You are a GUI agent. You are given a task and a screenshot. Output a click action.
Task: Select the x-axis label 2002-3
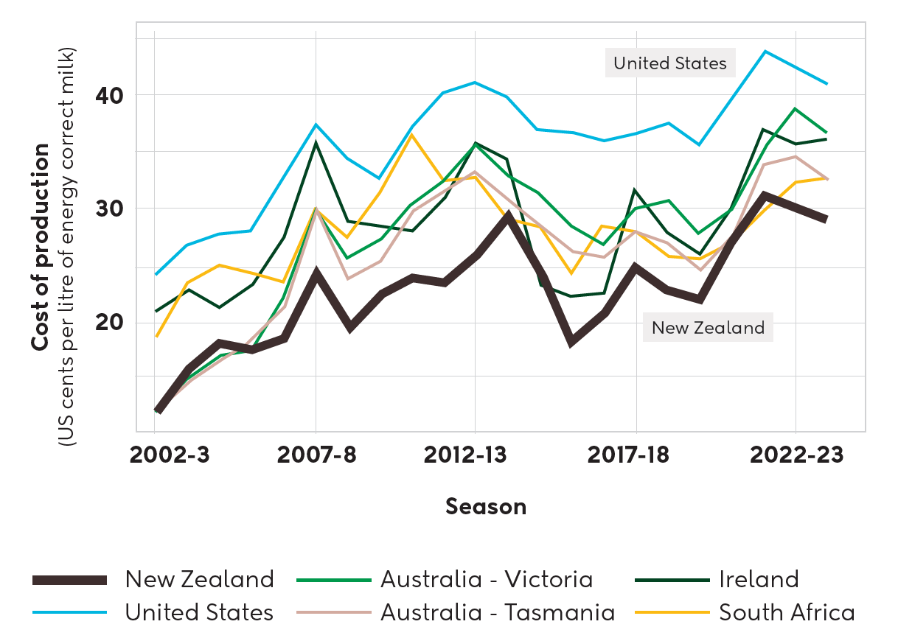coord(170,455)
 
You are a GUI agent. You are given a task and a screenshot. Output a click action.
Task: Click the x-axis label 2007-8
coord(316,455)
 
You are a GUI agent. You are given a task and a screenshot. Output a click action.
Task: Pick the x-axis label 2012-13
coord(465,455)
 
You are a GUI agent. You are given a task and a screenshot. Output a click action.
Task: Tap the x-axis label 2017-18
coord(628,455)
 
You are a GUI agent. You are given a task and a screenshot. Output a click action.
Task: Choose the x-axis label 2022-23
coord(796,455)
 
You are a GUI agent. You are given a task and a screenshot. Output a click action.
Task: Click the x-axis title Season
coord(486,507)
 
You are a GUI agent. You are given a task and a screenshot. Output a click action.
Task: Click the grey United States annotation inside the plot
coord(670,63)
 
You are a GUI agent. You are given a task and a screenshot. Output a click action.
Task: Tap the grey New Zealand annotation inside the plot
coord(708,327)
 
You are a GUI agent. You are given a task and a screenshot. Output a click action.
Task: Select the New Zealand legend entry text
coord(199,579)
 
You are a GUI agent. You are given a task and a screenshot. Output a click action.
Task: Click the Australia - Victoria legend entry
coord(487,579)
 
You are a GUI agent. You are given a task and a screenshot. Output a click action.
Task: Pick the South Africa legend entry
coord(787,612)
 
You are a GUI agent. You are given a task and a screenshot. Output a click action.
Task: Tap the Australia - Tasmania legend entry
coord(498,612)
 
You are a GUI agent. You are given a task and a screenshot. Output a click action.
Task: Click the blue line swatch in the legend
coord(70,612)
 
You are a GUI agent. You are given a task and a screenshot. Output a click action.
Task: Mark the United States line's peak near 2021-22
coord(765,51)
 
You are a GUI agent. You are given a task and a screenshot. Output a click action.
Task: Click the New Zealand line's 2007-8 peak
coord(316,273)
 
